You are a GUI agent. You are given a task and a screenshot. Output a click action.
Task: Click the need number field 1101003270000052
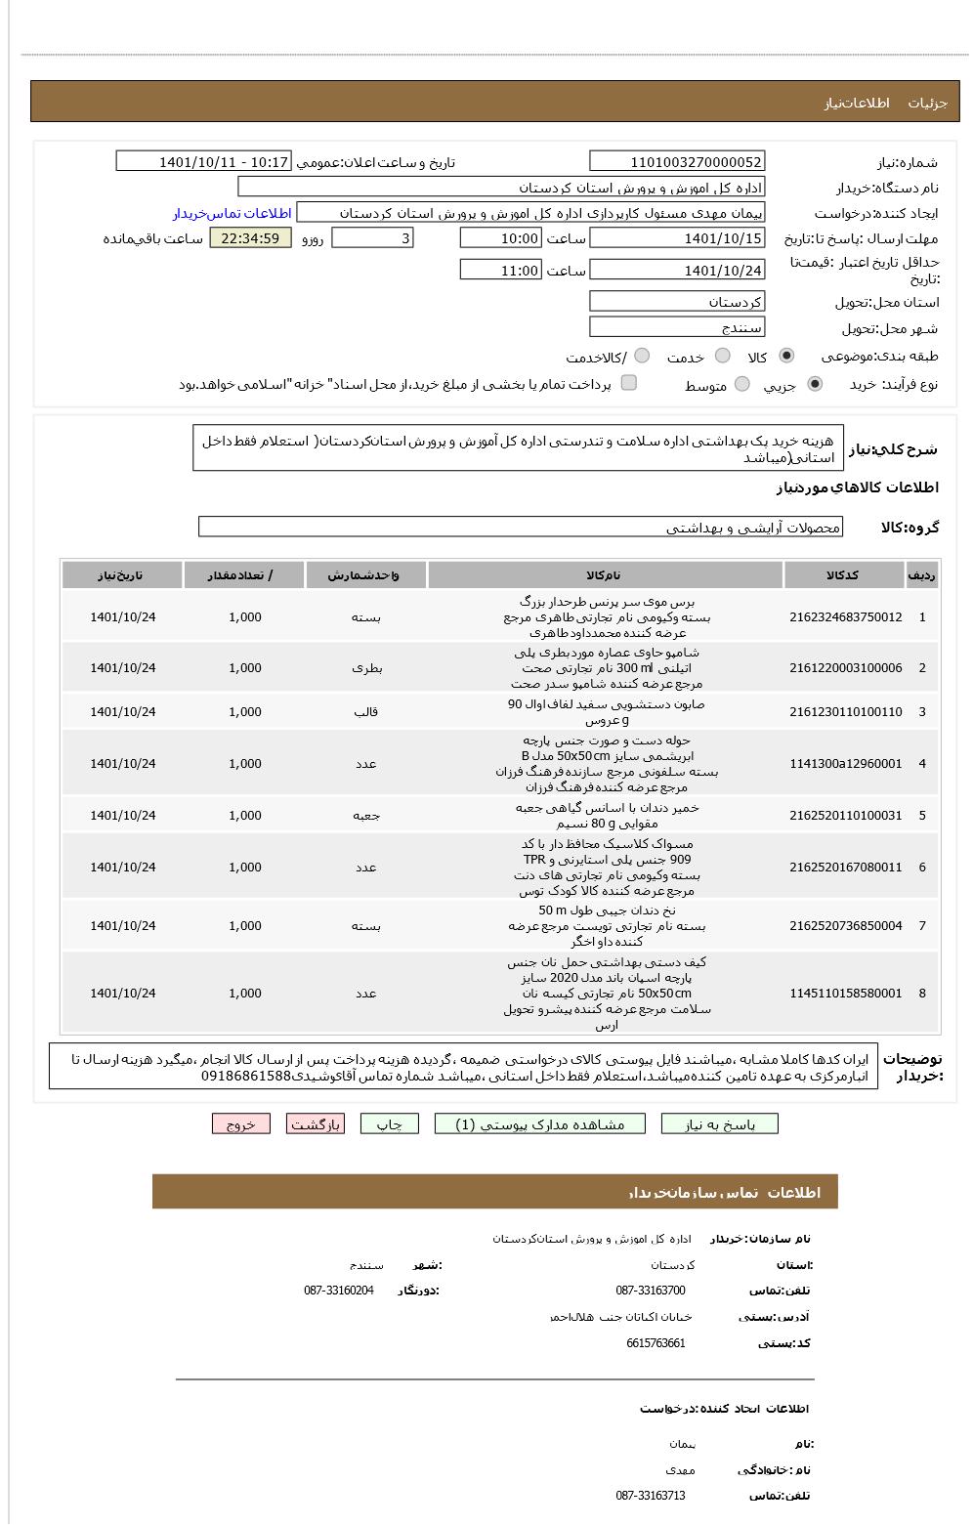677,162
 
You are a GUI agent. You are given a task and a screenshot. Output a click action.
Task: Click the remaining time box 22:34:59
250,237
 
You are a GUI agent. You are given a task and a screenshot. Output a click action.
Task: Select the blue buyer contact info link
233,213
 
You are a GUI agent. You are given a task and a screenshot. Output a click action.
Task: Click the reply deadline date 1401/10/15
677,238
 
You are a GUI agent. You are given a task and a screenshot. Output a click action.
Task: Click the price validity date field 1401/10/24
677,271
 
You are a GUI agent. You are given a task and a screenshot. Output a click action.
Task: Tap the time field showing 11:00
500,271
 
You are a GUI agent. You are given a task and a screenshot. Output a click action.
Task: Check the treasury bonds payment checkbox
629,383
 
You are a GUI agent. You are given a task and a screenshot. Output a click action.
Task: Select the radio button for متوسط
742,384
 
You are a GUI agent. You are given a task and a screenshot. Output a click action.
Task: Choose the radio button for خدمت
723,357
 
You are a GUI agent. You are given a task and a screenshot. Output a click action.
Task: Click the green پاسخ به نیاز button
720,1124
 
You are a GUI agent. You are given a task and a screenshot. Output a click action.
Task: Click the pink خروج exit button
240,1124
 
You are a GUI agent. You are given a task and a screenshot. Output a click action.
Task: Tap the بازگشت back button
316,1124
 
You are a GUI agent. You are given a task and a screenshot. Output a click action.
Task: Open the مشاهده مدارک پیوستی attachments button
540,1124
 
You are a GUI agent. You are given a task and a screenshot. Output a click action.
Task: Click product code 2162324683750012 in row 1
845,617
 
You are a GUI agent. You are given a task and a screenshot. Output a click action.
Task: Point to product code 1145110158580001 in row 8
845,994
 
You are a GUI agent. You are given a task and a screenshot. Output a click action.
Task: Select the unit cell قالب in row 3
366,712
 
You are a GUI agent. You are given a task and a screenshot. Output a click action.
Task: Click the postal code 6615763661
656,1343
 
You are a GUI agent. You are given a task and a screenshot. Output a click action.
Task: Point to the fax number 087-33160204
338,1291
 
